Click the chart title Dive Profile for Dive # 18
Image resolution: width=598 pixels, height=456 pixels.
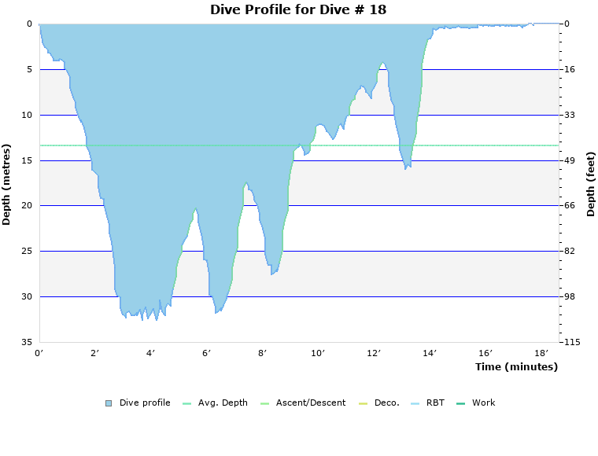tap(298, 9)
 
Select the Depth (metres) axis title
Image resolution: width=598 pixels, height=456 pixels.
tap(7, 184)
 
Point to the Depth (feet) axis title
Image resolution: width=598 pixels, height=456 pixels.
tap(590, 184)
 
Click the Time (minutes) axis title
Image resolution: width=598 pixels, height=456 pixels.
tap(516, 366)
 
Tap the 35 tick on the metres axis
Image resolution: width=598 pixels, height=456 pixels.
tap(27, 342)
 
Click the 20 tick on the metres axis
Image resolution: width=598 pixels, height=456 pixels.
tap(27, 206)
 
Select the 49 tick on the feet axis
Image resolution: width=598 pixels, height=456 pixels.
tap(570, 160)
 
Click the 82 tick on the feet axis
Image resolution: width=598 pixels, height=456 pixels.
tap(570, 252)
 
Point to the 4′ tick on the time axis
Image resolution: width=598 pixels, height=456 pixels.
tap(151, 354)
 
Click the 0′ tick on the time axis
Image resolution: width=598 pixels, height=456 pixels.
tap(39, 354)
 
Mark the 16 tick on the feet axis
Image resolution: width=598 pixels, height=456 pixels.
tap(570, 69)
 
